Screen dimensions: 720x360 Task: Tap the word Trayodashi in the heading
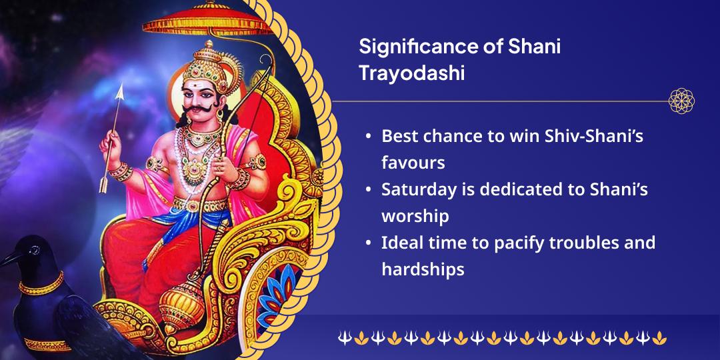click(411, 73)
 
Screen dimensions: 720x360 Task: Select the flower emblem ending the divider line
click(681, 101)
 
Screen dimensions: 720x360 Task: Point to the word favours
click(413, 163)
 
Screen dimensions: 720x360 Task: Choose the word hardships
click(423, 269)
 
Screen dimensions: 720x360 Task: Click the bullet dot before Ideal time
click(368, 243)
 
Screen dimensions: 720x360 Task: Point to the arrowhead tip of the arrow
click(121, 84)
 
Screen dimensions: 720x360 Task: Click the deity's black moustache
click(199, 110)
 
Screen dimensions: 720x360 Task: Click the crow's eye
click(34, 250)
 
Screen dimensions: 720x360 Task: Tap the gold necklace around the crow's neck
click(42, 285)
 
